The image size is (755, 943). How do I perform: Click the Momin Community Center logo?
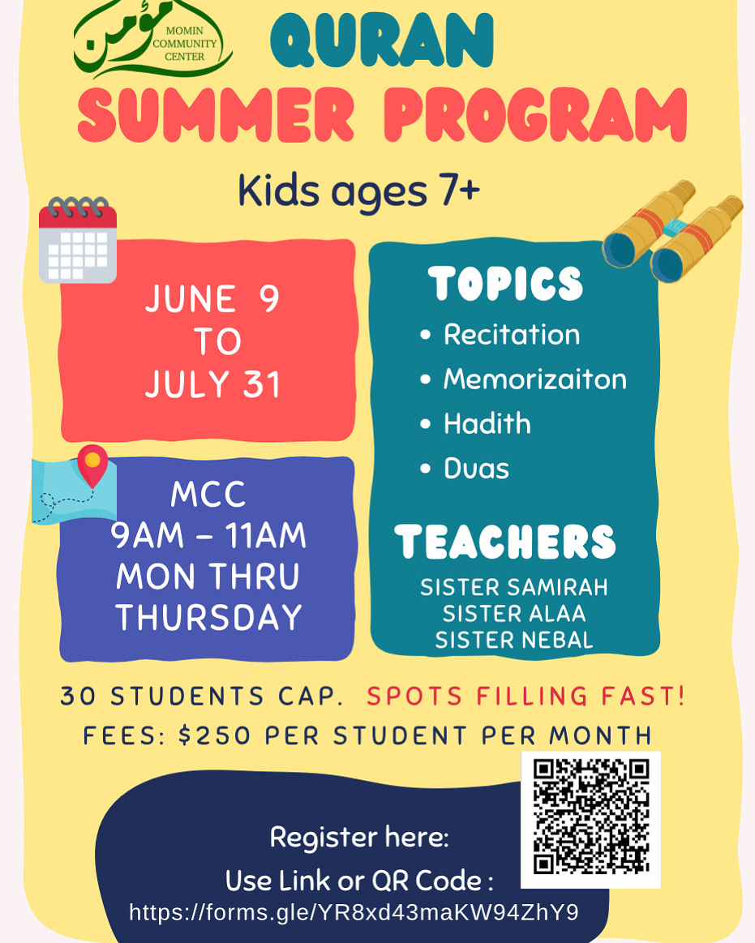coord(152,39)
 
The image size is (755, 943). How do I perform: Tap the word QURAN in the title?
coord(382,41)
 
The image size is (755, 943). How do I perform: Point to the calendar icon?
coord(78,239)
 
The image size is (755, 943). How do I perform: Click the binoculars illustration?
coord(672,231)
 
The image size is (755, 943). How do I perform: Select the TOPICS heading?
coord(505,283)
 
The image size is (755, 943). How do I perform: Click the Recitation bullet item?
coord(512,334)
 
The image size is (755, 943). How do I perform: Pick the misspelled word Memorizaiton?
coord(534,379)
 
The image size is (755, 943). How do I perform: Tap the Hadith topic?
coord(487,423)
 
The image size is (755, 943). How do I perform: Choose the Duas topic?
coord(476,469)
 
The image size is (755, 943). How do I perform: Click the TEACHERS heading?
coord(505,542)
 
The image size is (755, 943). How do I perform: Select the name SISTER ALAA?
coord(514,614)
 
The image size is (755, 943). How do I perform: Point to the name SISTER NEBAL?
coord(514,640)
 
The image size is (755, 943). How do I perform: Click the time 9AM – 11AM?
coord(208,535)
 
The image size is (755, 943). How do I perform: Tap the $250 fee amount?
coord(214,735)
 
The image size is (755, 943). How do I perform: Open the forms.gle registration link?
coord(354,912)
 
